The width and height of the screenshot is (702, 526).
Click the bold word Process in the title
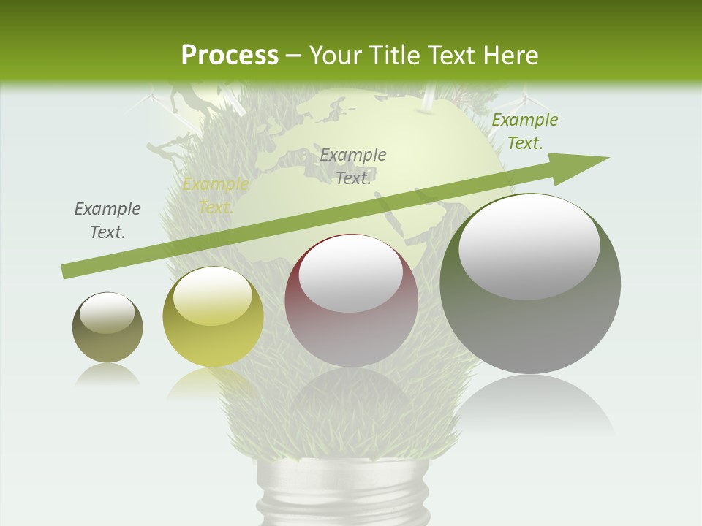230,55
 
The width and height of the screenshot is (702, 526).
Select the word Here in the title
512,55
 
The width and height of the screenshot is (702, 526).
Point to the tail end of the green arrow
67,271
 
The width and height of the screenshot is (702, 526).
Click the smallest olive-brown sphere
107,328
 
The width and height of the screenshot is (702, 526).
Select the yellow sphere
213,316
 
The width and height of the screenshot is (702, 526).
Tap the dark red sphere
351,300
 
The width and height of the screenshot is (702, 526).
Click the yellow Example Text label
215,195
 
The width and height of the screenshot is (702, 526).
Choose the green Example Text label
524,131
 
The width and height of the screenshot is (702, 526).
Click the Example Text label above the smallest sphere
107,220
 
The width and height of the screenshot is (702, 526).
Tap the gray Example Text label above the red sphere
353,166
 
